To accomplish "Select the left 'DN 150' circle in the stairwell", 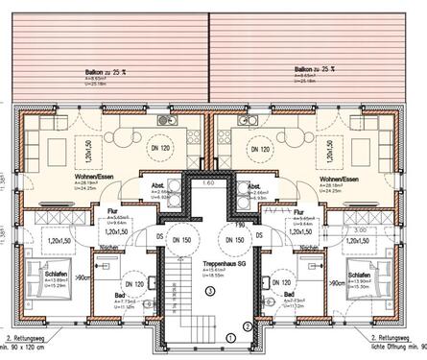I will point(181,237).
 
